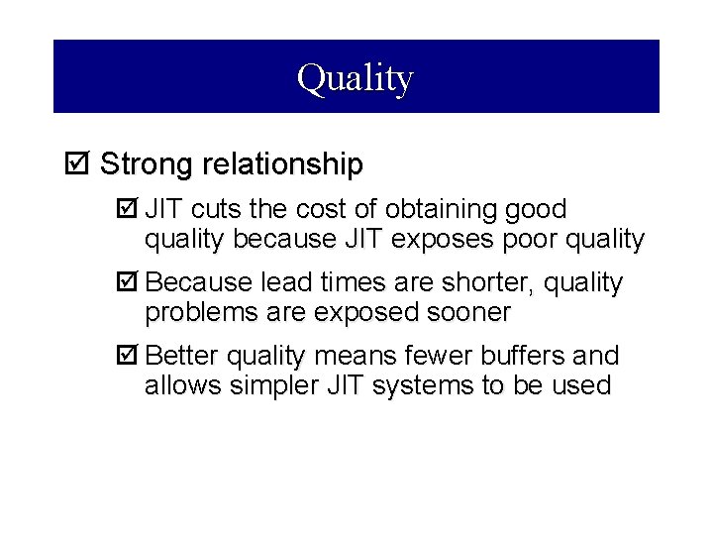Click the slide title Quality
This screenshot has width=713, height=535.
[356, 77]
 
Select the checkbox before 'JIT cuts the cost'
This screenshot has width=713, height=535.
[125, 210]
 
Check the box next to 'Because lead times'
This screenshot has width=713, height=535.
[125, 283]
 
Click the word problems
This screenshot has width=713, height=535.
[190, 313]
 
